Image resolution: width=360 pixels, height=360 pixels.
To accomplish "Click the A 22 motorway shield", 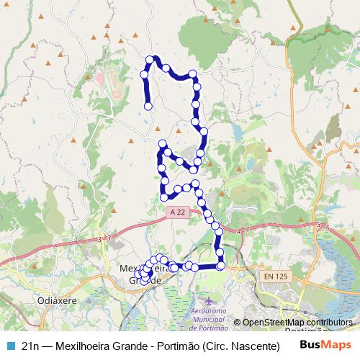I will coord(177,212).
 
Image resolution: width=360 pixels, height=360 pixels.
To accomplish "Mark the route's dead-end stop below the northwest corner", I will coord(148,106).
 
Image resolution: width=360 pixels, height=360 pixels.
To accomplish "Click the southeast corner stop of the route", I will coord(220,266).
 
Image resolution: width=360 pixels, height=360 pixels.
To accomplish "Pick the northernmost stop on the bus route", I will coord(150,59).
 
